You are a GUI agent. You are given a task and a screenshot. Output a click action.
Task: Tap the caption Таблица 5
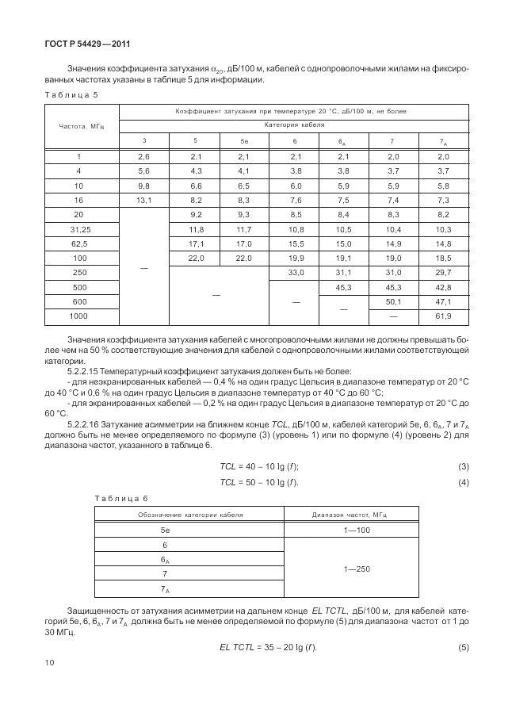pyautogui.click(x=71, y=94)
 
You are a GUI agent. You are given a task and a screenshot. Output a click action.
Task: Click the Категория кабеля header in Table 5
pyautogui.click(x=294, y=125)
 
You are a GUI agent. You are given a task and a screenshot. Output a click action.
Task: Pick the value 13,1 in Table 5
pyautogui.click(x=143, y=201)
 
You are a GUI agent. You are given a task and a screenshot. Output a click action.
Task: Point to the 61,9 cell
pyautogui.click(x=443, y=316)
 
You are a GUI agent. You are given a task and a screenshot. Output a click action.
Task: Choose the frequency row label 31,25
pyautogui.click(x=78, y=229)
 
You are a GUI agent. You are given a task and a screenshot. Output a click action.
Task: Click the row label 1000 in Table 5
pyautogui.click(x=78, y=316)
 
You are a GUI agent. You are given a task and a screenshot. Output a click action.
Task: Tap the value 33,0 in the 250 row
pyautogui.click(x=294, y=273)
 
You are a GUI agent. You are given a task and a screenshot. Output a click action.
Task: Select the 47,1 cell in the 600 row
pyautogui.click(x=443, y=301)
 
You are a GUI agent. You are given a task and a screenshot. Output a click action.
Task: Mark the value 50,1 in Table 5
pyautogui.click(x=394, y=301)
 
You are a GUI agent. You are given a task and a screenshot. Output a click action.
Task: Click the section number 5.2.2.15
pyautogui.click(x=86, y=370)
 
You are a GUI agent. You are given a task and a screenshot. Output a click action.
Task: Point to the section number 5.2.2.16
pyautogui.click(x=86, y=424)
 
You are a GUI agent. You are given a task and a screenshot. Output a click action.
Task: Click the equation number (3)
pyautogui.click(x=464, y=465)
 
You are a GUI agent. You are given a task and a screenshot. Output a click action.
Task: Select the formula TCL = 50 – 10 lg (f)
pyautogui.click(x=258, y=483)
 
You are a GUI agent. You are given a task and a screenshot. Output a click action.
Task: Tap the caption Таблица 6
pyautogui.click(x=121, y=498)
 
